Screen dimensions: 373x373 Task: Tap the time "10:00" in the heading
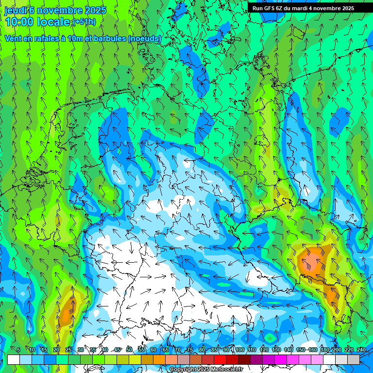coord(19,22)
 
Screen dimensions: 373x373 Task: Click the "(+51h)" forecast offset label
coord(84,22)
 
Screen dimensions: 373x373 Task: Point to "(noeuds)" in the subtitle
coord(144,38)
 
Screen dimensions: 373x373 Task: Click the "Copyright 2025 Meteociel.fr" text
coord(205,370)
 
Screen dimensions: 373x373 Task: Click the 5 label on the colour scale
coord(18,350)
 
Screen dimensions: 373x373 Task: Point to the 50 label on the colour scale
coord(129,350)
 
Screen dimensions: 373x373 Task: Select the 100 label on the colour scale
coord(240,350)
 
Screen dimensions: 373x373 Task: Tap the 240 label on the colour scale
coord(361,350)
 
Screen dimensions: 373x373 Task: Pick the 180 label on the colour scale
coord(324,350)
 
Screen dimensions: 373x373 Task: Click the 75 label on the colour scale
coord(190,350)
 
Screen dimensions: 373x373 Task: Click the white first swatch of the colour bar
coord(14,359)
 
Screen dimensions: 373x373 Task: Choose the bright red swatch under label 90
coord(220,359)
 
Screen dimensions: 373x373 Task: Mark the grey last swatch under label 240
coord(354,359)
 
